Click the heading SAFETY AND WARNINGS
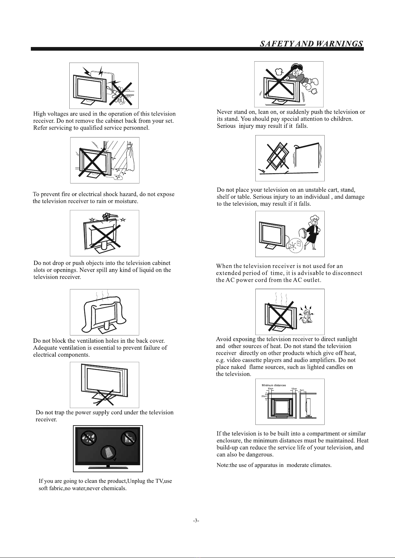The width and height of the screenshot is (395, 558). tap(311, 44)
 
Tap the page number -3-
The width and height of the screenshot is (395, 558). tap(196, 520)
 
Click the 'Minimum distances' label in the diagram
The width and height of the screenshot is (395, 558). tap(274, 385)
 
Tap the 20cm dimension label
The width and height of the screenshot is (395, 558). tap(264, 396)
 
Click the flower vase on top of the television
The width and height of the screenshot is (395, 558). tap(107, 217)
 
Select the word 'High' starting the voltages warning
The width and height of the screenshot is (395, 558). tap(39, 114)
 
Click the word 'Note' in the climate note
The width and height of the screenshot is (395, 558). tap(222, 465)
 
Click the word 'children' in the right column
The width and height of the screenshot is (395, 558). tap(341, 119)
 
